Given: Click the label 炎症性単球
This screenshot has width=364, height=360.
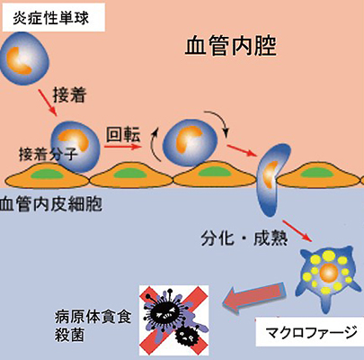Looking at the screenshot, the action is tap(51, 18).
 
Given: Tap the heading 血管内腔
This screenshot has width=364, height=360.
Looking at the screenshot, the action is tap(230, 47).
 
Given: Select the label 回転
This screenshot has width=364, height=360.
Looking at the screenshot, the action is tap(123, 134).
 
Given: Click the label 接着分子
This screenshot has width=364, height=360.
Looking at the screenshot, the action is tap(48, 154).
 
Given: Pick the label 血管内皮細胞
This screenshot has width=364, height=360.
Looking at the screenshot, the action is tap(51, 204).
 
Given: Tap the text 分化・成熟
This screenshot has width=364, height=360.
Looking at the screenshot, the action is tap(244, 239).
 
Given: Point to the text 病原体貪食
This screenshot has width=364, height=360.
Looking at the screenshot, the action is tap(93, 318).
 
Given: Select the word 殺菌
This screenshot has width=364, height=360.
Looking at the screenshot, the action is tap(69, 335).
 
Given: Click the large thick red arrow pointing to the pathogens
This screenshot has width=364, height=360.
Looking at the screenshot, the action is tap(255, 297).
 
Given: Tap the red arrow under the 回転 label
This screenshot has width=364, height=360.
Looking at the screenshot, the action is tap(123, 147).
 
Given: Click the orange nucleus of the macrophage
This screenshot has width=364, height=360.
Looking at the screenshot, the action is tap(329, 273).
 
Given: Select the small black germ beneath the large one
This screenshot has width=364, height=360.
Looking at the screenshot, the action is tap(186, 337).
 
